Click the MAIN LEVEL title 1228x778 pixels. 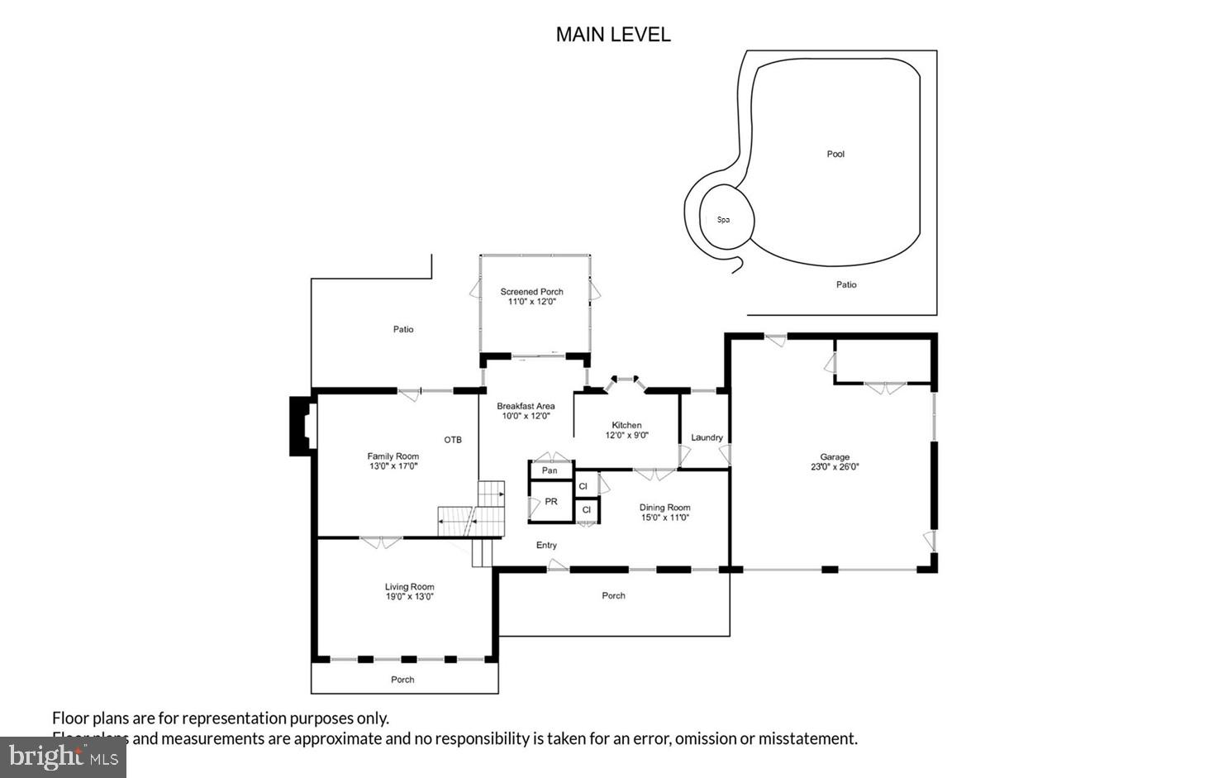612,35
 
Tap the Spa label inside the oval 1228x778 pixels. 723,220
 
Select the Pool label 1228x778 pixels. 835,154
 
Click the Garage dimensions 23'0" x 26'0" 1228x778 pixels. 835,467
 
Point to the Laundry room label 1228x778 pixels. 707,437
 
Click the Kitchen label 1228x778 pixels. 626,425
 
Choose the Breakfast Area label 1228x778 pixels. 526,406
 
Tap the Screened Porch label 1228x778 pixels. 531,292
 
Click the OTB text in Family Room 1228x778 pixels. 453,440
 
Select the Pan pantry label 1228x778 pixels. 550,470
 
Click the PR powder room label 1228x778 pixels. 551,502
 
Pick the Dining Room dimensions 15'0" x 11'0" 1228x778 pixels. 664,518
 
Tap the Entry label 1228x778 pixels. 546,545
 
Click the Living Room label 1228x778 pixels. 409,587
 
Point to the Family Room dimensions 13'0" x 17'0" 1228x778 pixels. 393,466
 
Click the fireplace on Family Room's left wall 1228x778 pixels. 302,426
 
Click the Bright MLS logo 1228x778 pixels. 63,757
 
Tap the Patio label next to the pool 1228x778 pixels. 846,284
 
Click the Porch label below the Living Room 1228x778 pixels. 402,680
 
